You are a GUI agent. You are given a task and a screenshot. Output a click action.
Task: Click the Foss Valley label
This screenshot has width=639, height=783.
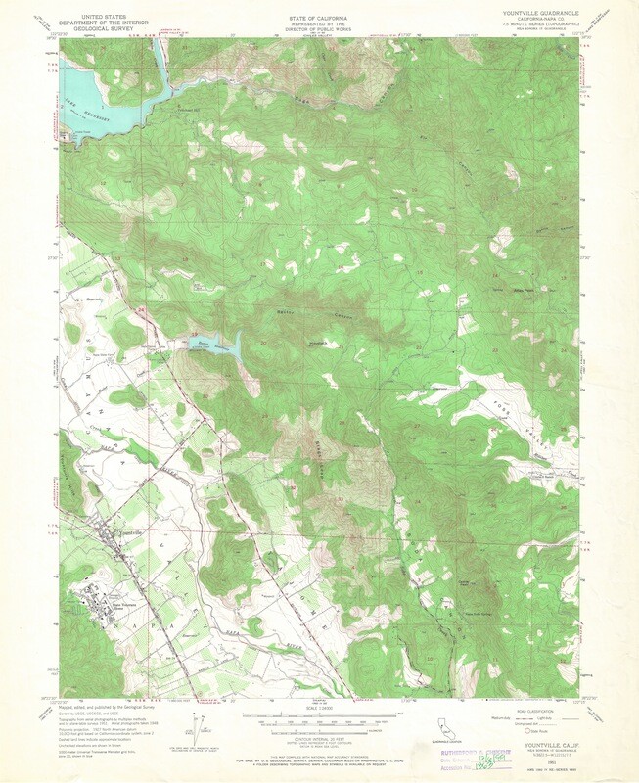click(516, 402)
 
